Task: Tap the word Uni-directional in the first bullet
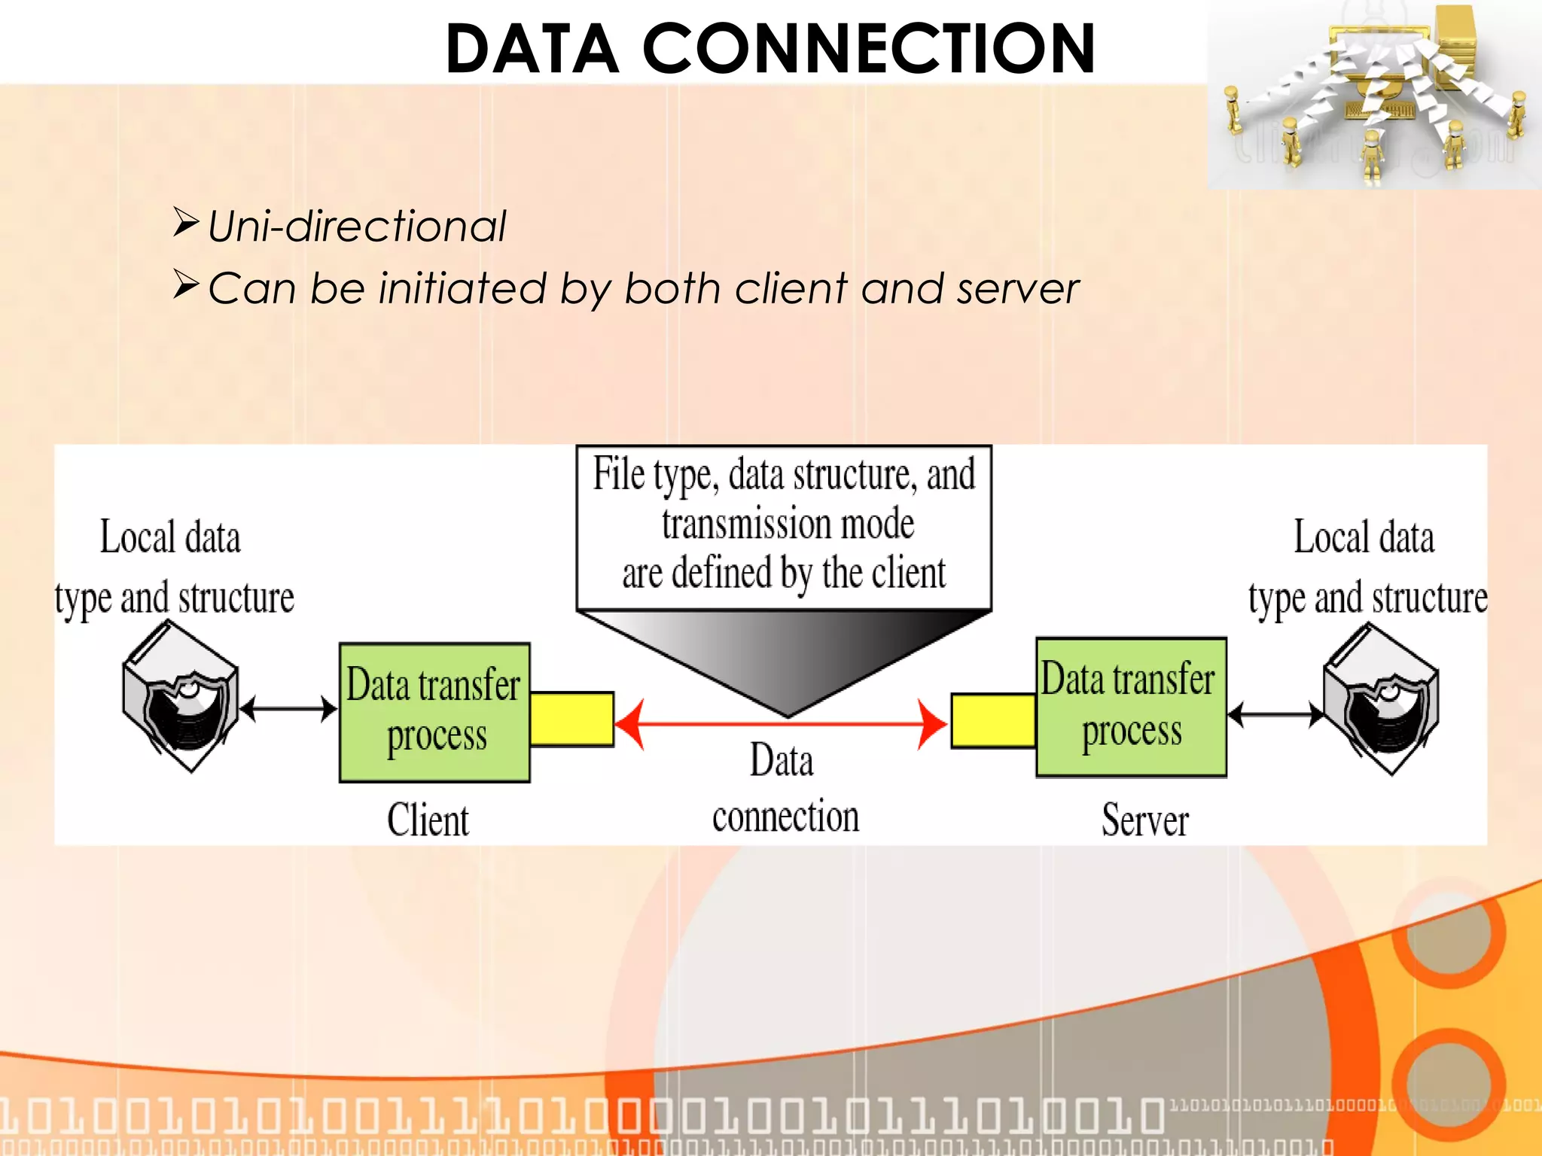357,226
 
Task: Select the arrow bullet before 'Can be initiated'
185,284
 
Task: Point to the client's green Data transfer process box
434,712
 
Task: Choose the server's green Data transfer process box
1131,707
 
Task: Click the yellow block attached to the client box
571,719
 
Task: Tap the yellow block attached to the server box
993,720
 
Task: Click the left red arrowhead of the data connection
631,724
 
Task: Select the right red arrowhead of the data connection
931,724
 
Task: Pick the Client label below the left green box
428,820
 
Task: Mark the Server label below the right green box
1145,820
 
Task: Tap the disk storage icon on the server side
1381,700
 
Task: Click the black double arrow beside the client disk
288,708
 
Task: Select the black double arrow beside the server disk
1275,713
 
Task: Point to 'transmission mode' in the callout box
788,524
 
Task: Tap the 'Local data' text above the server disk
1364,537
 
